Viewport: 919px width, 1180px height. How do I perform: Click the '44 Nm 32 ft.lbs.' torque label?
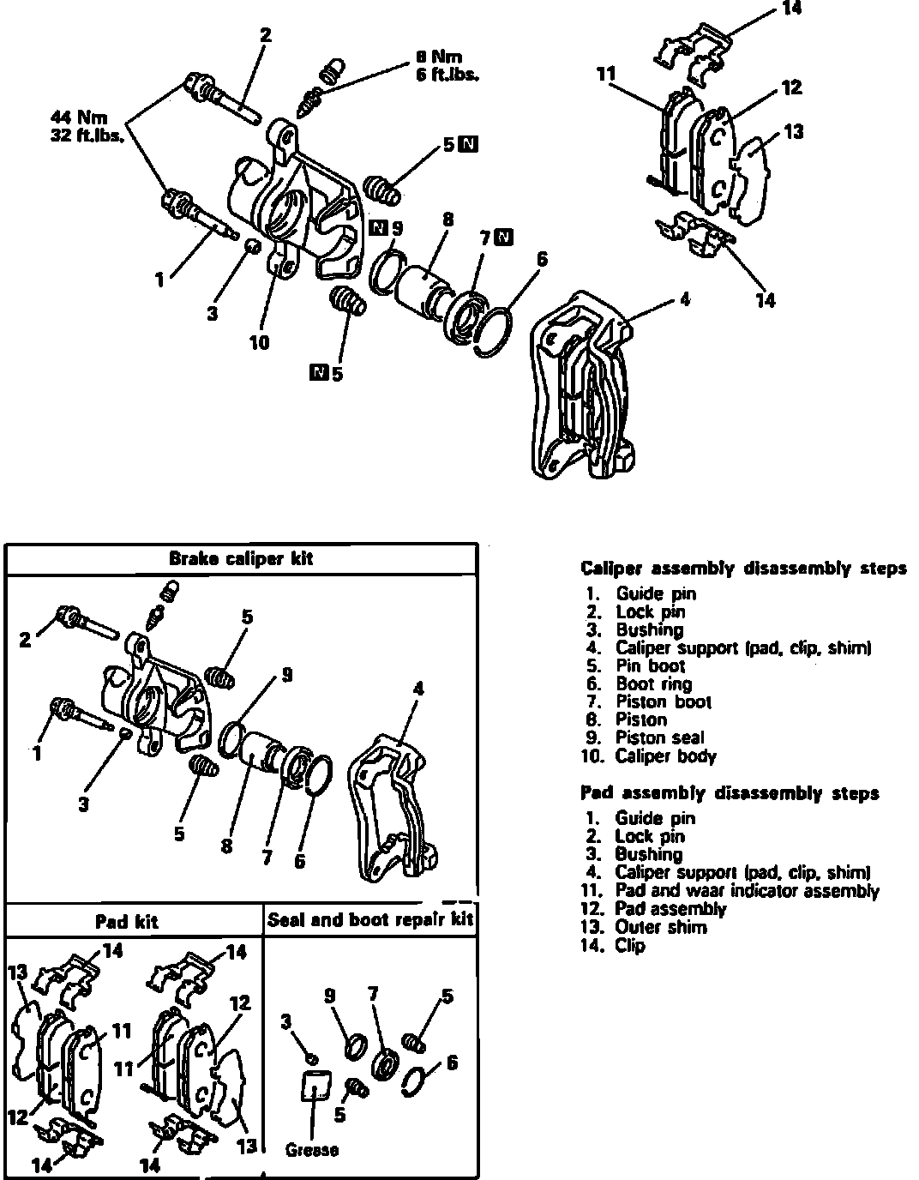click(x=87, y=125)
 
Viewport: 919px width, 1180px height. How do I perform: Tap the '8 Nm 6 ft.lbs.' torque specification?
click(x=447, y=65)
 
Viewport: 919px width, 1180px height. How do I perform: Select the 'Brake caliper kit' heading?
click(x=241, y=559)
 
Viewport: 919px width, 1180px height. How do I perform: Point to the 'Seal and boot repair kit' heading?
click(x=370, y=921)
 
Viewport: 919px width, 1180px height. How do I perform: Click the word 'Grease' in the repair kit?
click(x=311, y=1150)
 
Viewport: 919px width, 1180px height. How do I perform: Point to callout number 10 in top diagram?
click(x=259, y=343)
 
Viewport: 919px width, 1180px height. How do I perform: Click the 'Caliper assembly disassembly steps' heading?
click(x=742, y=569)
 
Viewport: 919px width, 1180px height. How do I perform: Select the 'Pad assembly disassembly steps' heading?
click(x=729, y=793)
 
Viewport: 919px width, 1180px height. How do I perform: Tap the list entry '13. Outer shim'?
click(x=646, y=928)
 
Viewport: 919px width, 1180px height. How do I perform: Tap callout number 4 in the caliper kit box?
click(x=418, y=688)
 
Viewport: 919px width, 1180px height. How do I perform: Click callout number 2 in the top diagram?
click(x=266, y=35)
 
